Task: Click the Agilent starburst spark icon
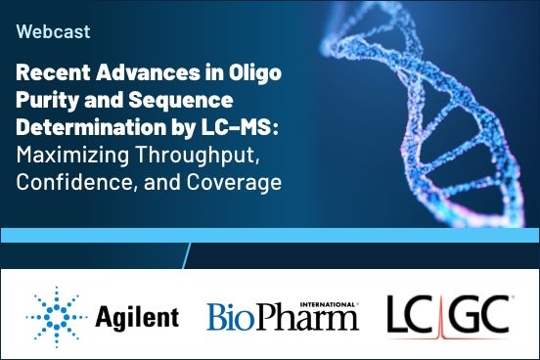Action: (55, 315)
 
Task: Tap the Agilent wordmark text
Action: (137, 316)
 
